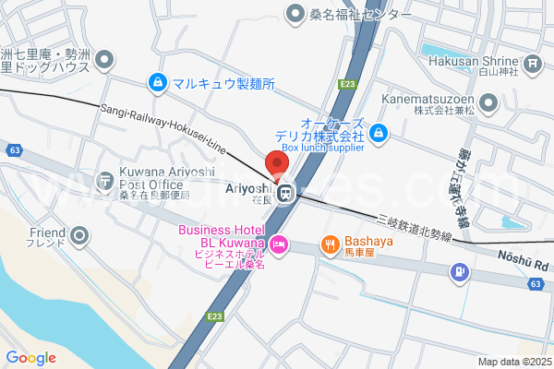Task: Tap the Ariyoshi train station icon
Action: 286,193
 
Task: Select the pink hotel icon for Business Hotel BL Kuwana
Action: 281,244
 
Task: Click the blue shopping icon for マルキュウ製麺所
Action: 159,83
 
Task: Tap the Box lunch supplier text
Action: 323,147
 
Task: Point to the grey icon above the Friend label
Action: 79,234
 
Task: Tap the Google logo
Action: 30,358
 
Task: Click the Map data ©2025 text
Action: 513,362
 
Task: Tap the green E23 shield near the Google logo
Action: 214,316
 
